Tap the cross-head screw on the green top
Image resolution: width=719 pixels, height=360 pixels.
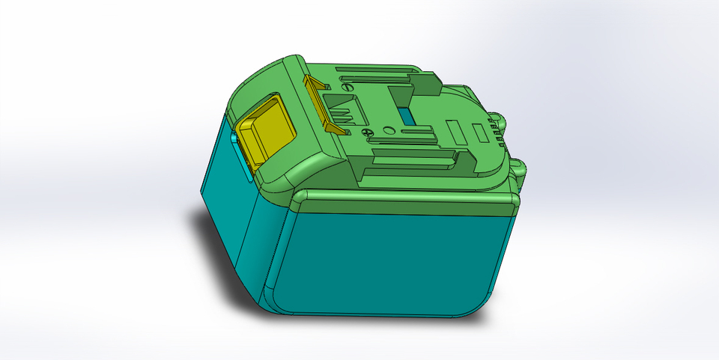[366, 132]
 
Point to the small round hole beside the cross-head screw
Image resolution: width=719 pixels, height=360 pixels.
[386, 130]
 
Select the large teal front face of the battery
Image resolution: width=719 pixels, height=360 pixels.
[389, 258]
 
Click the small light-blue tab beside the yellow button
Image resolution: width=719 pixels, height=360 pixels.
[234, 138]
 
